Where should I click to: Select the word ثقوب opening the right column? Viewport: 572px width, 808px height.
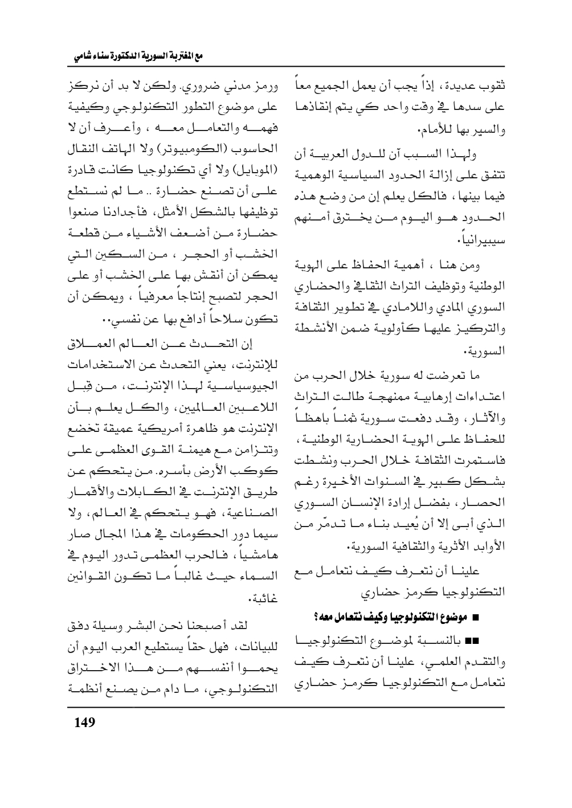(x=493, y=92)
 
